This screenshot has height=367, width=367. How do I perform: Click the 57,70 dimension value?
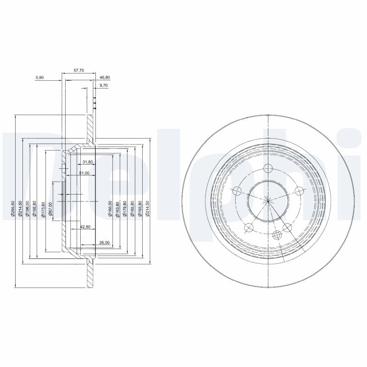pos(79,71)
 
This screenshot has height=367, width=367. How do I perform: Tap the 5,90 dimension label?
pos(39,78)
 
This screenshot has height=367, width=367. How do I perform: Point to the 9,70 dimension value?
pos(103,85)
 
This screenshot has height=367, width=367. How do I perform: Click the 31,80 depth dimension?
pos(88,162)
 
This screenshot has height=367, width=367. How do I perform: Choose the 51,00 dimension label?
pos(84,173)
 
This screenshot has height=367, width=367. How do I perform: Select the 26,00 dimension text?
pos(104,242)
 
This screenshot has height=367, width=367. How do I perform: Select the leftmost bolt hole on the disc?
pos(237,191)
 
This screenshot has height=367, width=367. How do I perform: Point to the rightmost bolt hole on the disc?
pos(300,191)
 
